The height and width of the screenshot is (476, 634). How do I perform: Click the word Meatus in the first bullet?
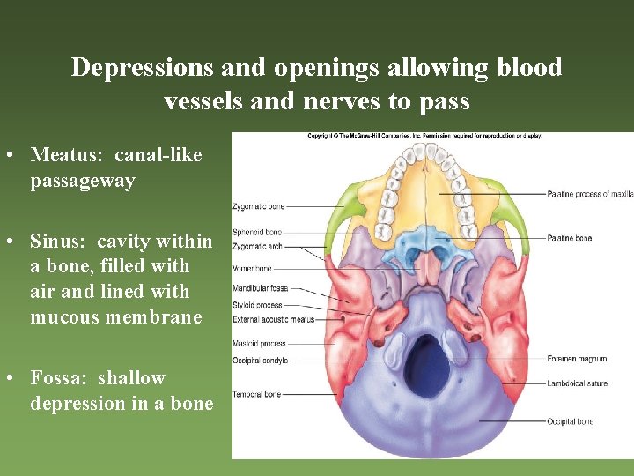pyautogui.click(x=61, y=155)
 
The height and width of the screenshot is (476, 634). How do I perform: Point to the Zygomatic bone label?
pyautogui.click(x=259, y=206)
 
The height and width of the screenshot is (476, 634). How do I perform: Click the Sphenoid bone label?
pyautogui.click(x=257, y=233)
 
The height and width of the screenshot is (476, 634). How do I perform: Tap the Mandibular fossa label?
pyautogui.click(x=260, y=288)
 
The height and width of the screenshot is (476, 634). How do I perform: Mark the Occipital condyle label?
pyautogui.click(x=260, y=360)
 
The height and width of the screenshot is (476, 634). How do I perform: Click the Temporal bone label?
pyautogui.click(x=257, y=394)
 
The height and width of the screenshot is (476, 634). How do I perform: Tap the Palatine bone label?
pyautogui.click(x=570, y=238)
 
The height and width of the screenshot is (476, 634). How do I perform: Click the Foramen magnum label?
pyautogui.click(x=577, y=359)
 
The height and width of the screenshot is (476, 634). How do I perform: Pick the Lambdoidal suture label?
pyautogui.click(x=578, y=383)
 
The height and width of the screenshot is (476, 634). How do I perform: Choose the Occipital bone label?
pyautogui.click(x=571, y=422)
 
